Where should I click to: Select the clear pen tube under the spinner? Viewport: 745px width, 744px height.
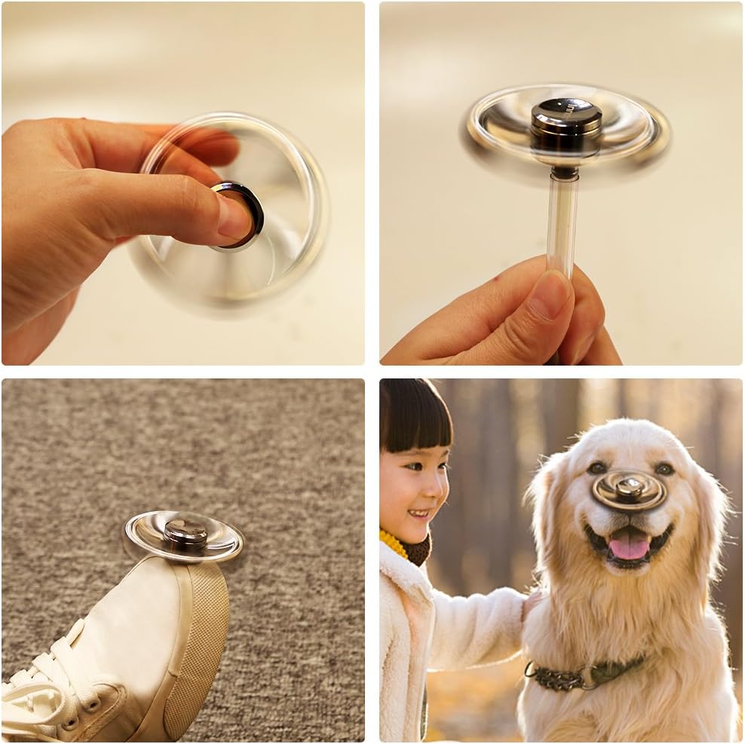562,219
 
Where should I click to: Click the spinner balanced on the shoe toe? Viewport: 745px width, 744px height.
184,536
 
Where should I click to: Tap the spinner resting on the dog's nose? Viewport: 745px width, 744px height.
630,491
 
